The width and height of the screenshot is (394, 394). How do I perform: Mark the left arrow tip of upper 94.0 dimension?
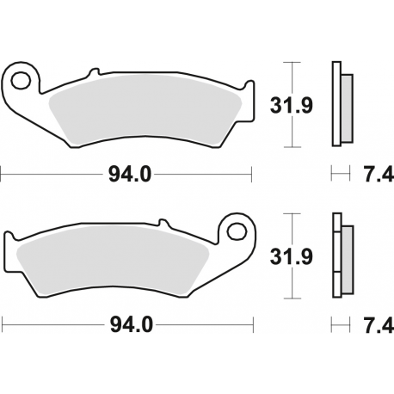3,175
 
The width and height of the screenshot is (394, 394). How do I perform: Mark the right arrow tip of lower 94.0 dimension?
254,325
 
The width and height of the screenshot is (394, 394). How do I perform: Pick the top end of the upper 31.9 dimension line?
293,63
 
